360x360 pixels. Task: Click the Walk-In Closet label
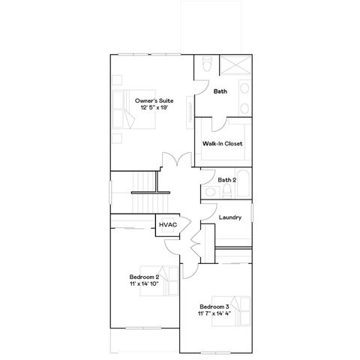[222, 143]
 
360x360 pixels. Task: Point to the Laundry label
[230, 217]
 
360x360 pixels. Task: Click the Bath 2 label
[227, 180]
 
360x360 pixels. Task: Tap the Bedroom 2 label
[144, 277]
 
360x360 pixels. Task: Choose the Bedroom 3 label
[214, 307]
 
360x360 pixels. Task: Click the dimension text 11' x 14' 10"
[144, 284]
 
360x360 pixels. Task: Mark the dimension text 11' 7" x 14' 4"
[214, 315]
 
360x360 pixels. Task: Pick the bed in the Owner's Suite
[121, 112]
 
